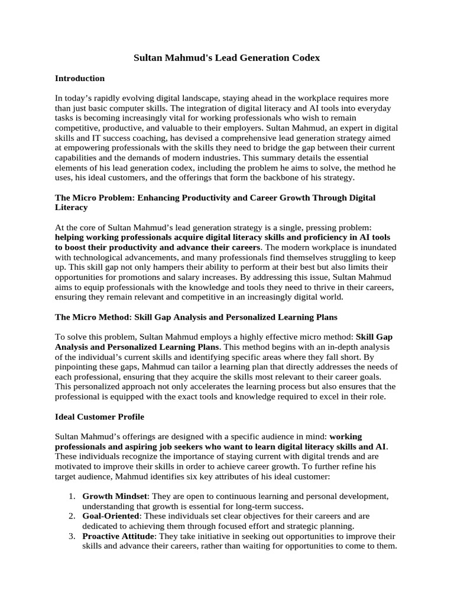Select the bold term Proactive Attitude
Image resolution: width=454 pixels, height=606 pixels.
118,537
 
